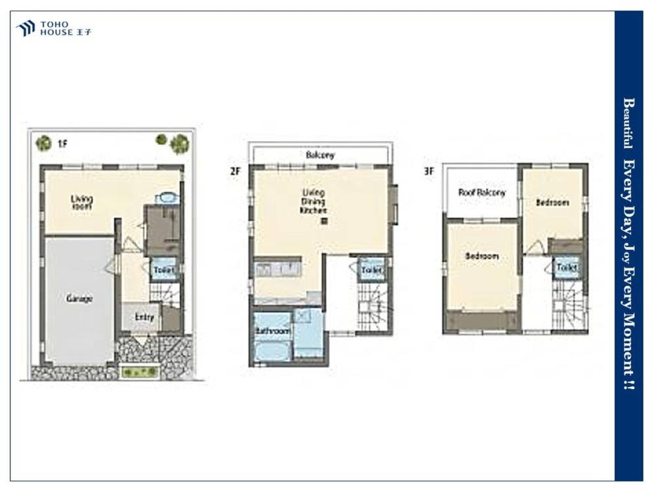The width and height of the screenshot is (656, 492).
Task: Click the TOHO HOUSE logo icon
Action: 26,28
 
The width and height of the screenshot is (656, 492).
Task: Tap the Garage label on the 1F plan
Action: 79,298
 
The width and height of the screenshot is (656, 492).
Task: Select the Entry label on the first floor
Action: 144,317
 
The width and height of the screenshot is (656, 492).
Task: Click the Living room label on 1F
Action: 81,203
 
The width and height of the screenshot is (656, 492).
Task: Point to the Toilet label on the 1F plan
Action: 163,270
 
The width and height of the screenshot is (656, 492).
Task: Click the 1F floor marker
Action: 62,144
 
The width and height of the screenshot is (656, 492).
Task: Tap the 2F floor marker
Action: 236,171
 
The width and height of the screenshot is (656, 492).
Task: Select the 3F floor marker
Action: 429,171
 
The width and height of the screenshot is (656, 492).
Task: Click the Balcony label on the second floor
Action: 321,155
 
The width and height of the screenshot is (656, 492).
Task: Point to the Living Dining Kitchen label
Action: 314,201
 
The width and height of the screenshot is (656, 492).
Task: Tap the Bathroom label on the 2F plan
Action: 273,331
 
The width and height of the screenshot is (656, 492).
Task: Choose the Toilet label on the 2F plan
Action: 372,270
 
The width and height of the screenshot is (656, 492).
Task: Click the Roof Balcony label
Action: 482,192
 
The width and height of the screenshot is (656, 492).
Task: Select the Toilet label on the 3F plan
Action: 567,267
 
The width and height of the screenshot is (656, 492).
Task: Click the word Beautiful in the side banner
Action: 628,123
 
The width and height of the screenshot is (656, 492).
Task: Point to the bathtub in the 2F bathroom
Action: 272,350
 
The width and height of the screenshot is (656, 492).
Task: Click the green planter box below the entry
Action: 140,371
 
